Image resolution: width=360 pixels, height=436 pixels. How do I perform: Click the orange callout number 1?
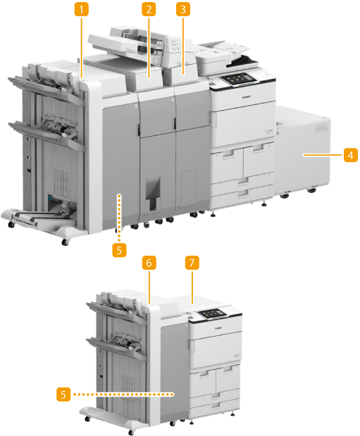pos(81,9)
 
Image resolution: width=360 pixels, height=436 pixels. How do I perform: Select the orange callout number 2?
pos(149,9)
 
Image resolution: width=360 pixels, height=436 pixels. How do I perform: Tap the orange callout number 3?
pos(183,9)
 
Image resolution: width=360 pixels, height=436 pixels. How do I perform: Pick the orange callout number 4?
pos(351,155)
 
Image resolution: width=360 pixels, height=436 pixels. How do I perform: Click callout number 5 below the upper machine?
pos(119,250)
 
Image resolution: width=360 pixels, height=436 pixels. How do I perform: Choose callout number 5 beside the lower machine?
pos(63,394)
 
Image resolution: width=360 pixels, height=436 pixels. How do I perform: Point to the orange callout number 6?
pos(149,263)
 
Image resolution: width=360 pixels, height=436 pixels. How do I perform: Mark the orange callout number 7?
pos(192,263)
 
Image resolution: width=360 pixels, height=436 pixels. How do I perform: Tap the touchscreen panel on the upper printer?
pos(240,79)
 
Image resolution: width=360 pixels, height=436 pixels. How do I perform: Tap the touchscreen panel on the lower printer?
pos(212,313)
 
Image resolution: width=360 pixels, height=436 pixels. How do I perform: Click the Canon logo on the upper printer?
pos(247,96)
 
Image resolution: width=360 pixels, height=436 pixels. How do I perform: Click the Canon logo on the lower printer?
pos(218,328)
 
